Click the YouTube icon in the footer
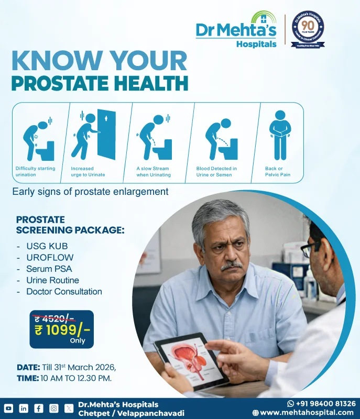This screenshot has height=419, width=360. click(x=8, y=408)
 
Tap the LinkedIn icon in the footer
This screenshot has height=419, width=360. click(x=24, y=408)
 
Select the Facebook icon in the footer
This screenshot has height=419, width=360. click(x=39, y=408)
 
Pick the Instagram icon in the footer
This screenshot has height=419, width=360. click(x=54, y=408)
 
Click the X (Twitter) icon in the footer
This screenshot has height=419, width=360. click(x=69, y=408)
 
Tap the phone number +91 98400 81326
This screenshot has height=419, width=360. click(x=325, y=404)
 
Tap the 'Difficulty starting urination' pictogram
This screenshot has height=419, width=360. click(x=37, y=138)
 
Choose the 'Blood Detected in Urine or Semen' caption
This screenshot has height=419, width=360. click(x=216, y=171)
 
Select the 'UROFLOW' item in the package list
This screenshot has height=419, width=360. click(x=50, y=257)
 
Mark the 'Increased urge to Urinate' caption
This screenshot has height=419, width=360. click(x=88, y=171)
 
